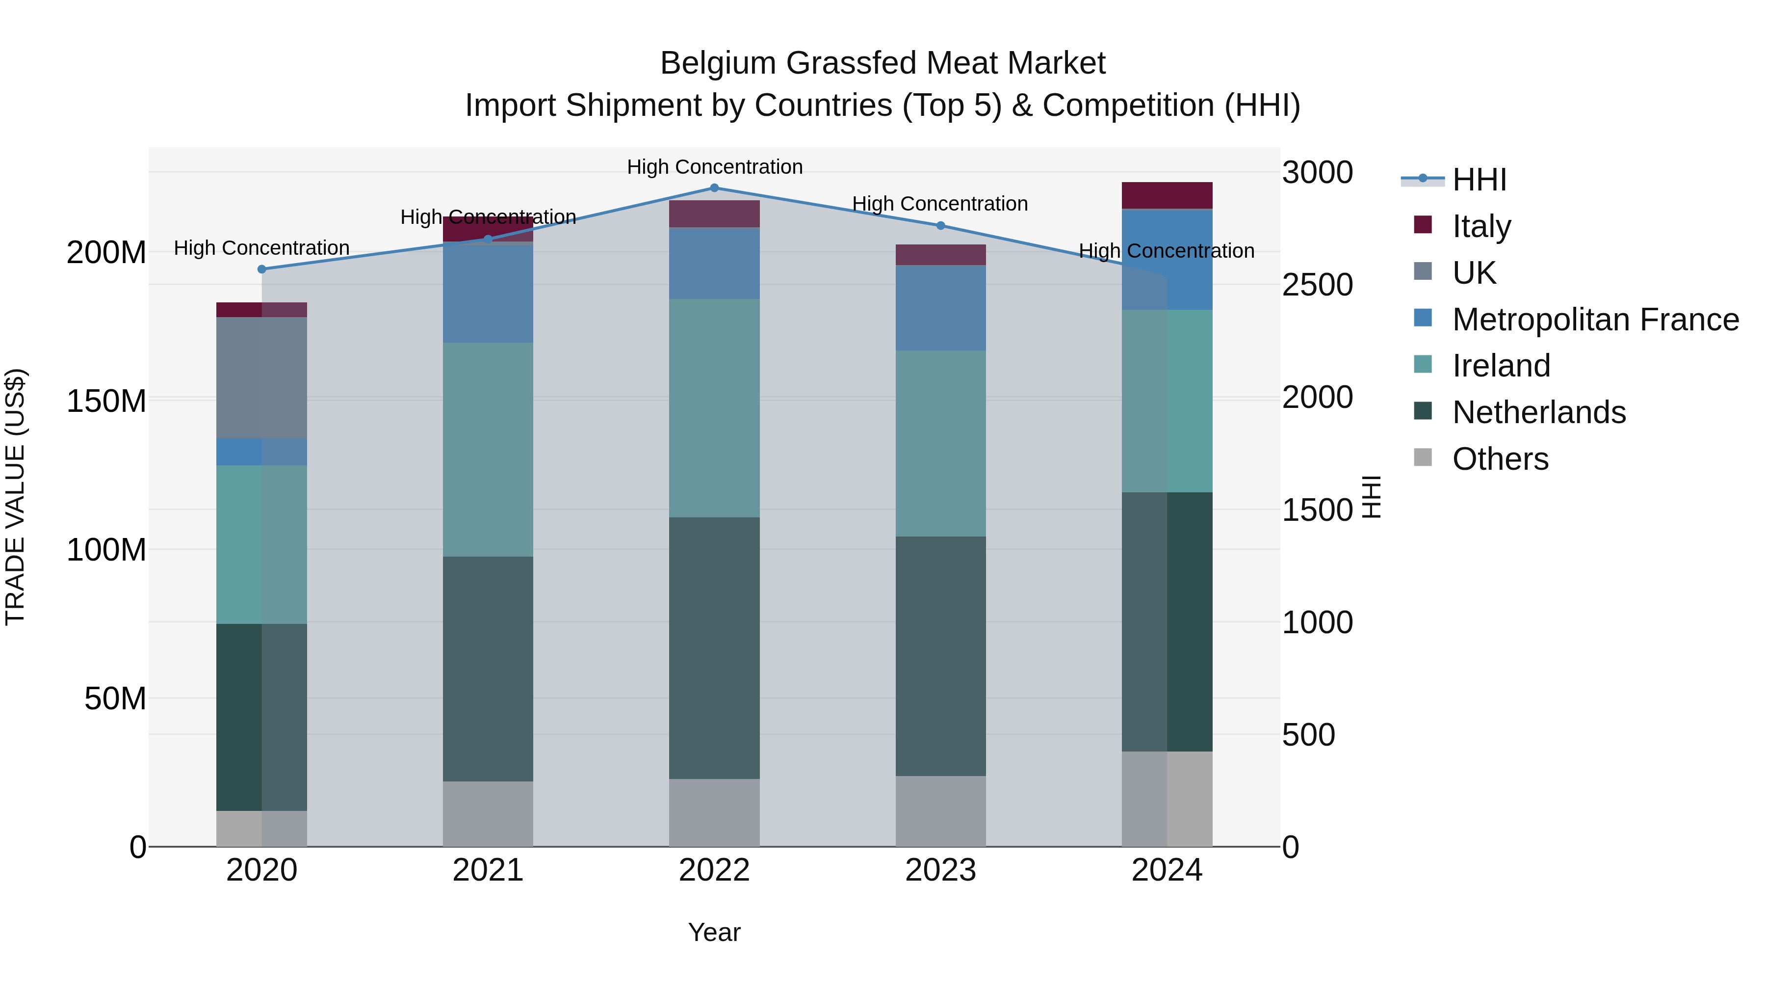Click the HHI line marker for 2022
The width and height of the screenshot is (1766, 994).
pyautogui.click(x=714, y=188)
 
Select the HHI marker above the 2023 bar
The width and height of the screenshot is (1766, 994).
pyautogui.click(x=940, y=225)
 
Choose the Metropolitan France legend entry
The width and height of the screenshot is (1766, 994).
pyautogui.click(x=1595, y=319)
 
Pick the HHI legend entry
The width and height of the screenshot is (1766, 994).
pyautogui.click(x=1479, y=180)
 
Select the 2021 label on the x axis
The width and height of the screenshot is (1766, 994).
pyautogui.click(x=488, y=870)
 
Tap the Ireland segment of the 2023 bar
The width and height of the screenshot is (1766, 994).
pyautogui.click(x=940, y=443)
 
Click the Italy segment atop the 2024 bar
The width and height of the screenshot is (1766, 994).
pyautogui.click(x=1167, y=195)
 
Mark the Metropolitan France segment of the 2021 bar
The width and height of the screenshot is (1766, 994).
pyautogui.click(x=488, y=292)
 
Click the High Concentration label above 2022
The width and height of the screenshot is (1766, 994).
pyautogui.click(x=714, y=167)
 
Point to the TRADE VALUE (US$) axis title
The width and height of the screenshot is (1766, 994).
pyautogui.click(x=15, y=497)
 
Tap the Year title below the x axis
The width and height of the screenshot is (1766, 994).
pyautogui.click(x=714, y=932)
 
